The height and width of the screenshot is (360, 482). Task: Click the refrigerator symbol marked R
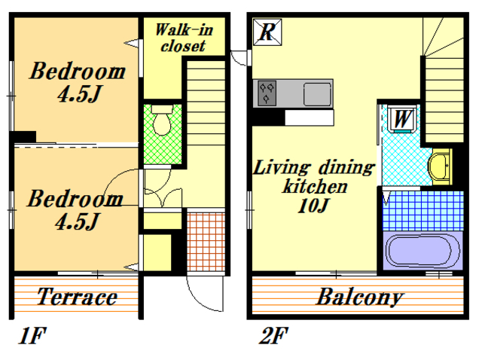267,32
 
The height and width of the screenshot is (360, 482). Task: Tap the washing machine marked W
402,119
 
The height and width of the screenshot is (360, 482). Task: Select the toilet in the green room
162,120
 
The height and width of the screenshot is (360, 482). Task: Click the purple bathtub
423,251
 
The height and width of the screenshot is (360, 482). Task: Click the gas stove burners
267,93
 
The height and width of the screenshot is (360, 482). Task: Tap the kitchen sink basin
317,94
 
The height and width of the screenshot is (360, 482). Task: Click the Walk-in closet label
184,38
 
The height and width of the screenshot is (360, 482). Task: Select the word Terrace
77,297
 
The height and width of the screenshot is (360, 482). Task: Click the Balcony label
360,297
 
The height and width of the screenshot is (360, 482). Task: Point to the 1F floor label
32,335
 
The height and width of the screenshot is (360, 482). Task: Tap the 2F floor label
274,335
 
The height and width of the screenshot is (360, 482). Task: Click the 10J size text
313,206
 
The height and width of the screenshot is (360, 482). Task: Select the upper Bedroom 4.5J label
78,81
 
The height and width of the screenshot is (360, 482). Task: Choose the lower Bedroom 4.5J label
75,209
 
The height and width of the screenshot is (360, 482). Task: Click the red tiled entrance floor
206,242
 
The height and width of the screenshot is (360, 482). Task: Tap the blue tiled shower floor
423,211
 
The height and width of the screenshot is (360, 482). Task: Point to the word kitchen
315,186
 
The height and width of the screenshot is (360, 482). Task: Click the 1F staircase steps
206,102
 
